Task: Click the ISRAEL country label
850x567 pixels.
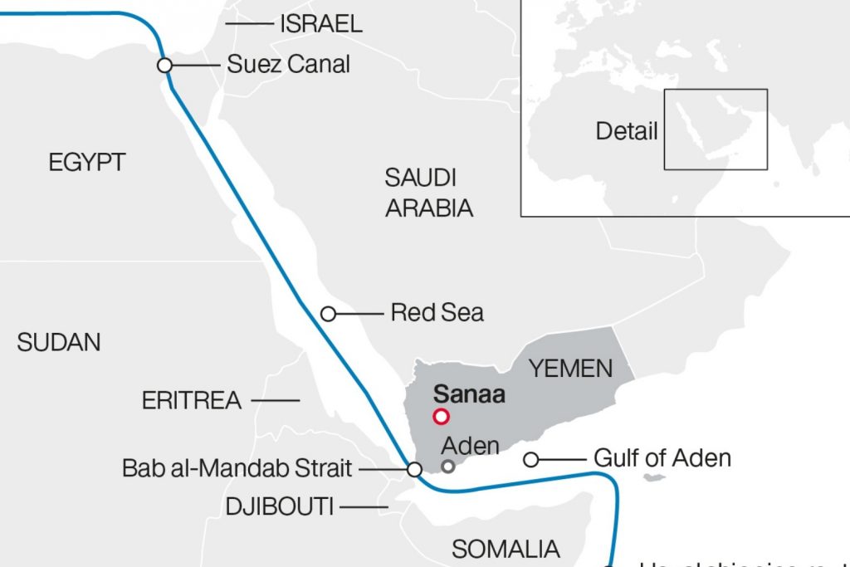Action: tap(320, 24)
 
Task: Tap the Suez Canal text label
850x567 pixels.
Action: tap(288, 64)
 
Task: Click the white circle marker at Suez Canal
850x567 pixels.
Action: tap(164, 65)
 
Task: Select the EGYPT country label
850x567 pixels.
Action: tap(86, 162)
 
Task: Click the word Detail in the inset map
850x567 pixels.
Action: tap(627, 131)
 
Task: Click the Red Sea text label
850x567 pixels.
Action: tap(437, 313)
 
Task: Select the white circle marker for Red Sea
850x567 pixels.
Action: tap(328, 314)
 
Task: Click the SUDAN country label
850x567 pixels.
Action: tap(59, 342)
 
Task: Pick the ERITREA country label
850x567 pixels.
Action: tap(192, 401)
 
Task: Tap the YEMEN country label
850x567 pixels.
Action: tap(571, 368)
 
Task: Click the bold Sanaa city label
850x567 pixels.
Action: tap(469, 393)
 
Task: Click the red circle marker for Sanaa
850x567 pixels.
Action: tap(441, 417)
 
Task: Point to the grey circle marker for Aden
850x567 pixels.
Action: tap(448, 467)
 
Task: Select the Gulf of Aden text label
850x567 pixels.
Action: tap(662, 458)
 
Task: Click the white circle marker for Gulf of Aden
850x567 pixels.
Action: tap(530, 459)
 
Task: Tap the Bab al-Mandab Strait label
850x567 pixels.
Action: tap(237, 468)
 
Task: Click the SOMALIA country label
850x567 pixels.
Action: tap(506, 548)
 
